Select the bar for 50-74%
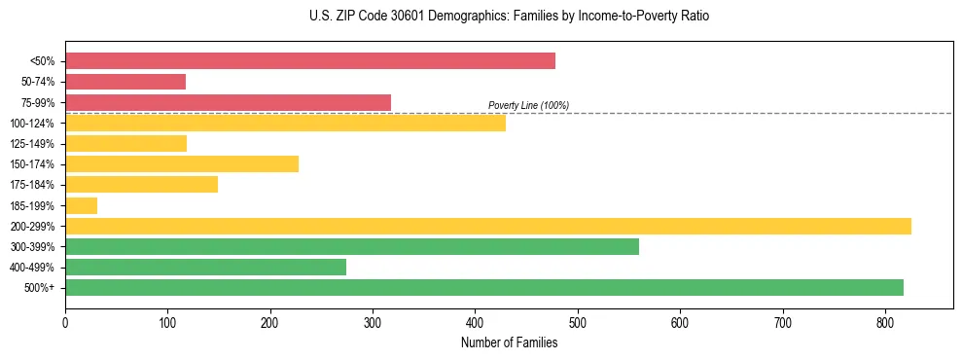tap(125, 82)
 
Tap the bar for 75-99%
tap(228, 102)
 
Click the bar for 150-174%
tap(182, 163)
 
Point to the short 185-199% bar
tap(81, 205)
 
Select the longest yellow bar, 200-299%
tap(487, 226)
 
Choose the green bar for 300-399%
tap(352, 246)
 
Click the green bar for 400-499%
tap(205, 267)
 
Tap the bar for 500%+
tap(483, 287)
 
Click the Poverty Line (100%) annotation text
tap(528, 105)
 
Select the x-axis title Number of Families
tap(509, 342)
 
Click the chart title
tap(510, 17)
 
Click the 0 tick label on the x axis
tap(65, 321)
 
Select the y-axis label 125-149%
tap(32, 144)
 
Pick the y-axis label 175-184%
tap(32, 185)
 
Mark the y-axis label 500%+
tap(40, 288)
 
